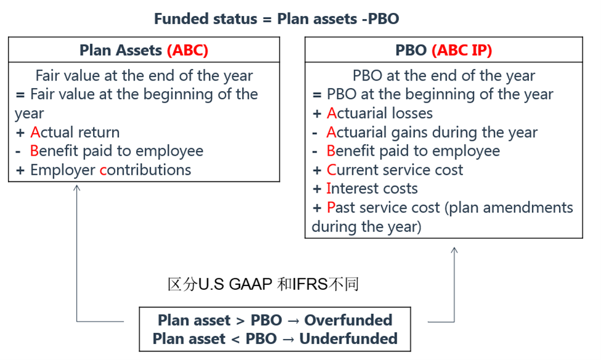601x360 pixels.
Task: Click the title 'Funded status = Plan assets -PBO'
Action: click(x=276, y=18)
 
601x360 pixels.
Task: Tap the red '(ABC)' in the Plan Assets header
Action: click(x=187, y=50)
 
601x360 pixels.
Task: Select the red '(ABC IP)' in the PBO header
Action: click(x=461, y=50)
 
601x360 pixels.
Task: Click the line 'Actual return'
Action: click(x=75, y=132)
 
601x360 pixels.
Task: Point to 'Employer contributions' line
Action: click(x=110, y=170)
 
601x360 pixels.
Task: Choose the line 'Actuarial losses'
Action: click(x=379, y=113)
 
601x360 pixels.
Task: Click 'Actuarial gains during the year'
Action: click(x=432, y=132)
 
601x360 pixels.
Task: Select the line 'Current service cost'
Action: click(x=395, y=170)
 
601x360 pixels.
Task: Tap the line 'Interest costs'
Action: click(x=372, y=188)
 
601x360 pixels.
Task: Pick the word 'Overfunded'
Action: click(x=348, y=320)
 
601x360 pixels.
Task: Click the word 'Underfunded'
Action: click(x=348, y=339)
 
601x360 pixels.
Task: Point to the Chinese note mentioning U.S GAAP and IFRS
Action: click(x=264, y=284)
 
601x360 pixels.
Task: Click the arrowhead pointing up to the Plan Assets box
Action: click(x=76, y=188)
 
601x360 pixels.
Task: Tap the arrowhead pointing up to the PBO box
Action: click(x=454, y=250)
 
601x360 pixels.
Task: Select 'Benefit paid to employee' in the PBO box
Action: click(x=413, y=151)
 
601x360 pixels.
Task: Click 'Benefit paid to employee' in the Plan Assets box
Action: click(x=116, y=151)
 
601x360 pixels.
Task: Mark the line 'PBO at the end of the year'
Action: click(x=444, y=76)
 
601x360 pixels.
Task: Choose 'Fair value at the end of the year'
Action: click(x=144, y=76)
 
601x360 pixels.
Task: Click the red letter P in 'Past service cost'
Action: click(x=331, y=207)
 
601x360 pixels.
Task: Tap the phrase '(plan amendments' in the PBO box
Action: click(x=509, y=207)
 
